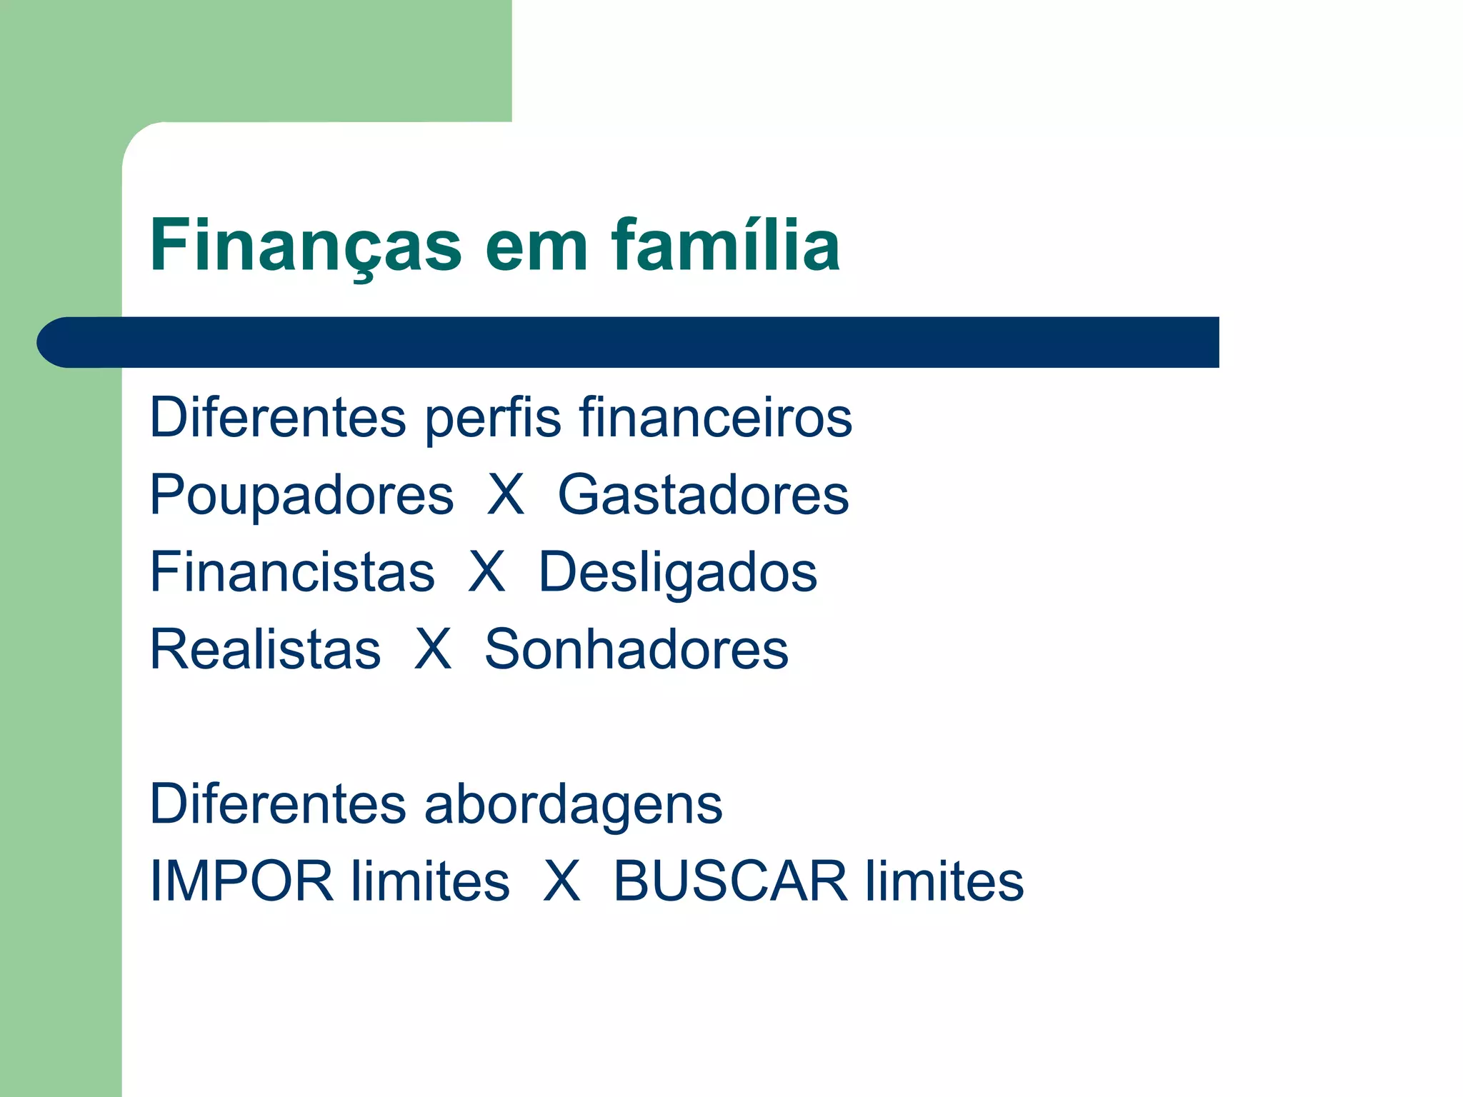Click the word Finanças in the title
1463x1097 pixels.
point(306,246)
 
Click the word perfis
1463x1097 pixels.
point(493,418)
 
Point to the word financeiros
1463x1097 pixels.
point(715,417)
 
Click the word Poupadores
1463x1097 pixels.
point(301,496)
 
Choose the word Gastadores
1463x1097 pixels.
point(703,495)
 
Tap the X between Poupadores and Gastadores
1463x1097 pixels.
point(506,494)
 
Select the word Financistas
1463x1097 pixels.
point(292,572)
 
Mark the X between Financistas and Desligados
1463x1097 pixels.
point(486,572)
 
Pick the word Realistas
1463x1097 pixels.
point(265,649)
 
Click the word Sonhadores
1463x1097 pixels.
point(636,649)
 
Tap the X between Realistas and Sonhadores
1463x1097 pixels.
point(433,649)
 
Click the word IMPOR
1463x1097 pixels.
point(241,881)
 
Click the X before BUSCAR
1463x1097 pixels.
point(561,881)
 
